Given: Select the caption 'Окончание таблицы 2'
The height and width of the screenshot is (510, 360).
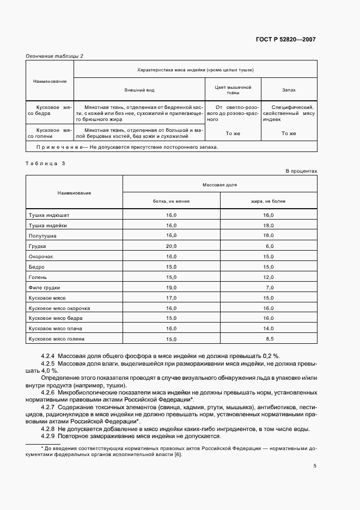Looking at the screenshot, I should click(x=54, y=56).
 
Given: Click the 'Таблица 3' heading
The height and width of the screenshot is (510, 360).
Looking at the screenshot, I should click(x=45, y=163).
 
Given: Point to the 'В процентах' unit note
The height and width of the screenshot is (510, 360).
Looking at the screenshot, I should click(x=301, y=171).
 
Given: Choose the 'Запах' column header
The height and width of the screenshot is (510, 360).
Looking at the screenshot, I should click(x=289, y=89).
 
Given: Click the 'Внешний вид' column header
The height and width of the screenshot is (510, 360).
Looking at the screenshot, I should click(x=138, y=89).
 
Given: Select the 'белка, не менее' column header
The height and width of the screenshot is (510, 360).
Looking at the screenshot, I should click(x=171, y=201).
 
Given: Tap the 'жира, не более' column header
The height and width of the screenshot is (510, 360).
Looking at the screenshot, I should click(x=268, y=201).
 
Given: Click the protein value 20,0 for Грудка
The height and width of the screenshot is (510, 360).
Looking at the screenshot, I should click(x=171, y=246).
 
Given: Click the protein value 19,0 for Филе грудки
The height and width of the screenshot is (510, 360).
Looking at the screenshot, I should click(x=171, y=287).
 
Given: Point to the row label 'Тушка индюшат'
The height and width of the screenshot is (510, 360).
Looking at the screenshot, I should click(x=48, y=215).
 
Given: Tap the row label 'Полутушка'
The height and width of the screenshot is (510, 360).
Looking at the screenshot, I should click(x=42, y=235).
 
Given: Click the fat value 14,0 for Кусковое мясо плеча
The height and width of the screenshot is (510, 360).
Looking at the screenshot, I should click(x=268, y=329).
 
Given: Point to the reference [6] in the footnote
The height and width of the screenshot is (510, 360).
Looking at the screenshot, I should click(x=178, y=454).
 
